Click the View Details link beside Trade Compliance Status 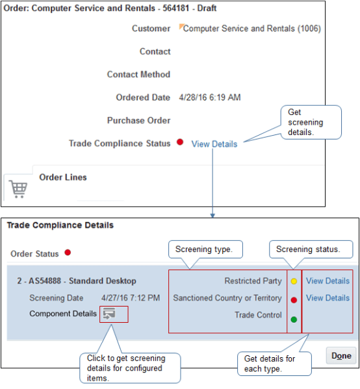tap(214, 144)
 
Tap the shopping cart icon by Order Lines tap(18, 189)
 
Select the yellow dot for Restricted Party tap(294, 282)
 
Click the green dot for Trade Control tap(294, 319)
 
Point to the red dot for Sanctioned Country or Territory tap(294, 299)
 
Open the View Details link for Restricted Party tap(328, 281)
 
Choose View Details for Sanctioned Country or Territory tap(328, 298)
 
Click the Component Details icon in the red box tap(113, 314)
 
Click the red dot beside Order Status tap(67, 253)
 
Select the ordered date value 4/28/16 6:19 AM tap(209, 97)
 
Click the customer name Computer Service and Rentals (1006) tap(251, 29)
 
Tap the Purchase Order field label tap(138, 120)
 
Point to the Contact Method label tap(138, 75)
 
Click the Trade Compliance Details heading tap(60, 225)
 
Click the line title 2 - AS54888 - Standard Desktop tap(77, 281)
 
